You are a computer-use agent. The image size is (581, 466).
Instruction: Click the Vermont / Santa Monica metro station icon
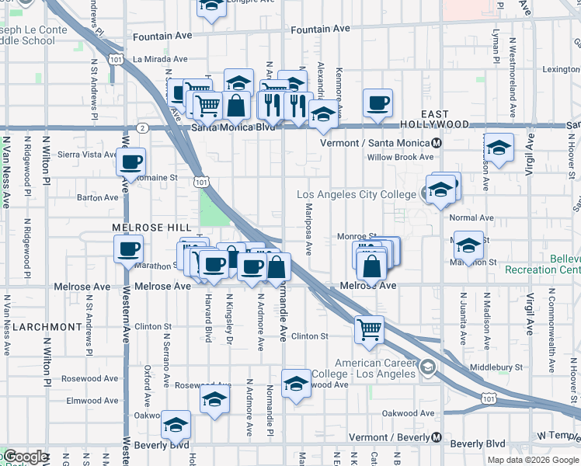[437, 144]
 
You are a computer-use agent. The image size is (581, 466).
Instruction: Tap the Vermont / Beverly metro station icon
[437, 437]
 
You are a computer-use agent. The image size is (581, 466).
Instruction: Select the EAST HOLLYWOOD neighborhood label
[435, 124]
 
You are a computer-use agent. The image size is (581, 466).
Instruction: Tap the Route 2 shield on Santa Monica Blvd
[141, 127]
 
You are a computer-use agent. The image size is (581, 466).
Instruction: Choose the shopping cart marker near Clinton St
[369, 329]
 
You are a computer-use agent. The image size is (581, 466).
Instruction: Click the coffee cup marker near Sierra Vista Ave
[131, 162]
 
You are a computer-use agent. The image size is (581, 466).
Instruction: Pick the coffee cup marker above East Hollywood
[377, 103]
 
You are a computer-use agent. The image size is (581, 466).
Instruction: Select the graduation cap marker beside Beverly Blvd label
[176, 425]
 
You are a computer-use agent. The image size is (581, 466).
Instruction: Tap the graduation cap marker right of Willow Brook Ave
[499, 148]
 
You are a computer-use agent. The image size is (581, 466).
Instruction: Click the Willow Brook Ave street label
[400, 157]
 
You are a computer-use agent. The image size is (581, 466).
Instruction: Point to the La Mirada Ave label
[160, 59]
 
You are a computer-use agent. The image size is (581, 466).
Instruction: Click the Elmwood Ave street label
[92, 402]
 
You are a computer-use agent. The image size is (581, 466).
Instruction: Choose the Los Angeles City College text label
[358, 194]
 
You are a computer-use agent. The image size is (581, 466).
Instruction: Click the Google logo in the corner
[25, 457]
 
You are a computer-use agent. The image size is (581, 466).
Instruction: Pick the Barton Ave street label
[98, 198]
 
